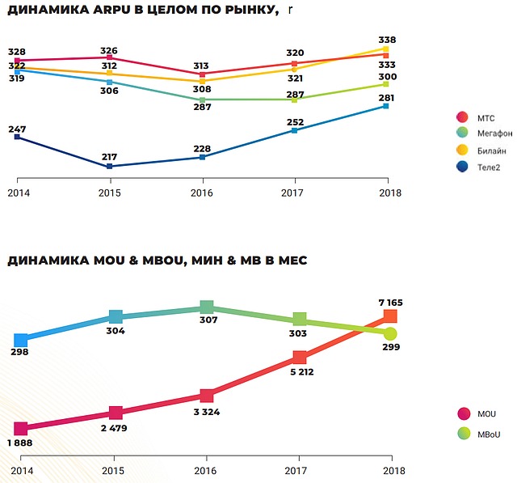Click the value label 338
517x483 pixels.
tap(387, 39)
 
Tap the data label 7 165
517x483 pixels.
tap(389, 303)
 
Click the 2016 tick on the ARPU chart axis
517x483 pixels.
tap(202, 193)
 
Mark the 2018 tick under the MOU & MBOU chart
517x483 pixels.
tap(393, 471)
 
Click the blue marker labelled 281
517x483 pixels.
tap(387, 106)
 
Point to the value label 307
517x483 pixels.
tap(208, 320)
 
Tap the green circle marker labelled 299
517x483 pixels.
tap(391, 333)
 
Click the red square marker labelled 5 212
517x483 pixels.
tap(300, 358)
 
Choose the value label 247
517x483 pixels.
tap(18, 129)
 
